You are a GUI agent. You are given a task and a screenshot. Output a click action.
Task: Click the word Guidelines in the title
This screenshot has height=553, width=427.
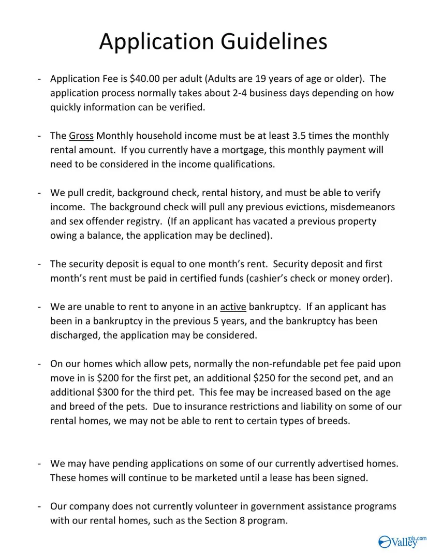point(274,41)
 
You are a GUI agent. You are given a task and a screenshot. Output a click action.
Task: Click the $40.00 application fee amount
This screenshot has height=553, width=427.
point(145,79)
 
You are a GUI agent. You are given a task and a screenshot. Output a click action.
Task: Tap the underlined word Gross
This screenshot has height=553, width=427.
point(81,136)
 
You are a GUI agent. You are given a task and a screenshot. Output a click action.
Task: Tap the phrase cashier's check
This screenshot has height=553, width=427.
point(290,278)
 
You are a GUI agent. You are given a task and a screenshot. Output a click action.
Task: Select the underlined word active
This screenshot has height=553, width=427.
point(233,307)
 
